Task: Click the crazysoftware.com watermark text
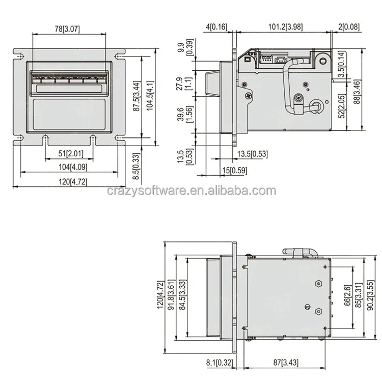192,192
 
